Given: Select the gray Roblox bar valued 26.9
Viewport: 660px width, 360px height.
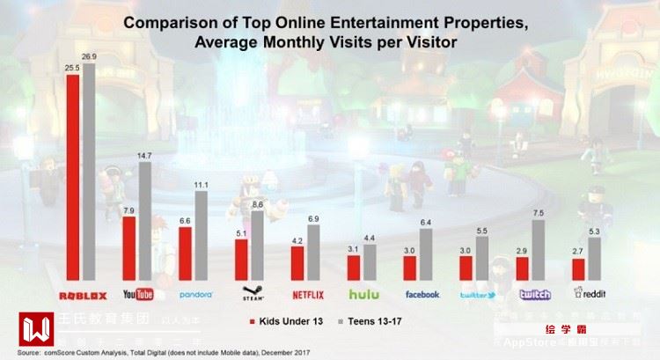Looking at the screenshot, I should [89, 173].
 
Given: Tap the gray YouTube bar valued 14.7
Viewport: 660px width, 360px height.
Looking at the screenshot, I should [144, 221].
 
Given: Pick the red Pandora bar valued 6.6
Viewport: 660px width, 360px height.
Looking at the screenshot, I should [185, 253].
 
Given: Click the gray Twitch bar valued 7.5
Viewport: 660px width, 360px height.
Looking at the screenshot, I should [539, 250].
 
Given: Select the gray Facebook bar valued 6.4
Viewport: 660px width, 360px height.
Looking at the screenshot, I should [426, 254].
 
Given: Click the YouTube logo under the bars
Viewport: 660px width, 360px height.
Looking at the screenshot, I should [138, 294].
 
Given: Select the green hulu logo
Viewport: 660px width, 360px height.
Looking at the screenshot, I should [363, 294].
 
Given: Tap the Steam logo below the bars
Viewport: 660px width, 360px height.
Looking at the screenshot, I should [251, 292].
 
